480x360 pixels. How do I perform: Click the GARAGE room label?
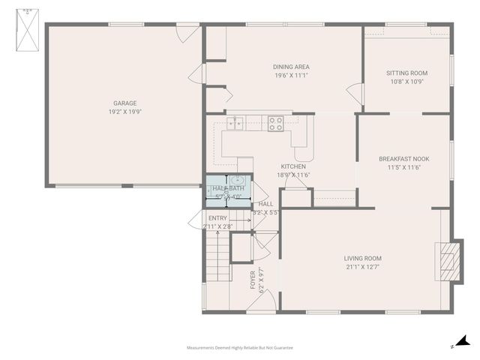[x=124, y=103]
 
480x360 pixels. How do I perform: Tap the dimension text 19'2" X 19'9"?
[x=124, y=111]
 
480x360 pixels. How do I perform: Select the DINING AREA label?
[x=291, y=67]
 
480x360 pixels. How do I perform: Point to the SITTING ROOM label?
[x=406, y=73]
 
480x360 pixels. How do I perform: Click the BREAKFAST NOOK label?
[x=404, y=159]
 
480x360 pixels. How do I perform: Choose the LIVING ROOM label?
[x=364, y=259]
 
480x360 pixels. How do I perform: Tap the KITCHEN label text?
[x=293, y=166]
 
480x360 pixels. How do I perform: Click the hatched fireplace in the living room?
[x=448, y=259]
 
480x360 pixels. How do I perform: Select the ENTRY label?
[x=217, y=218]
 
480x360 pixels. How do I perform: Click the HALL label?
[x=265, y=204]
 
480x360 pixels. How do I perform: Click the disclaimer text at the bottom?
[x=240, y=348]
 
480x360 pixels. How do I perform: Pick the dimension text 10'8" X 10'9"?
[x=406, y=82]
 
